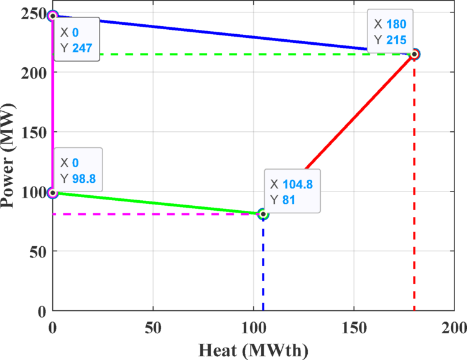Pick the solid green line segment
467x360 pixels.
[x=155, y=203]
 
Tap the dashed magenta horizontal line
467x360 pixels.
[x=155, y=215]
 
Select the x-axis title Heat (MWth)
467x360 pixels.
[x=253, y=349]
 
